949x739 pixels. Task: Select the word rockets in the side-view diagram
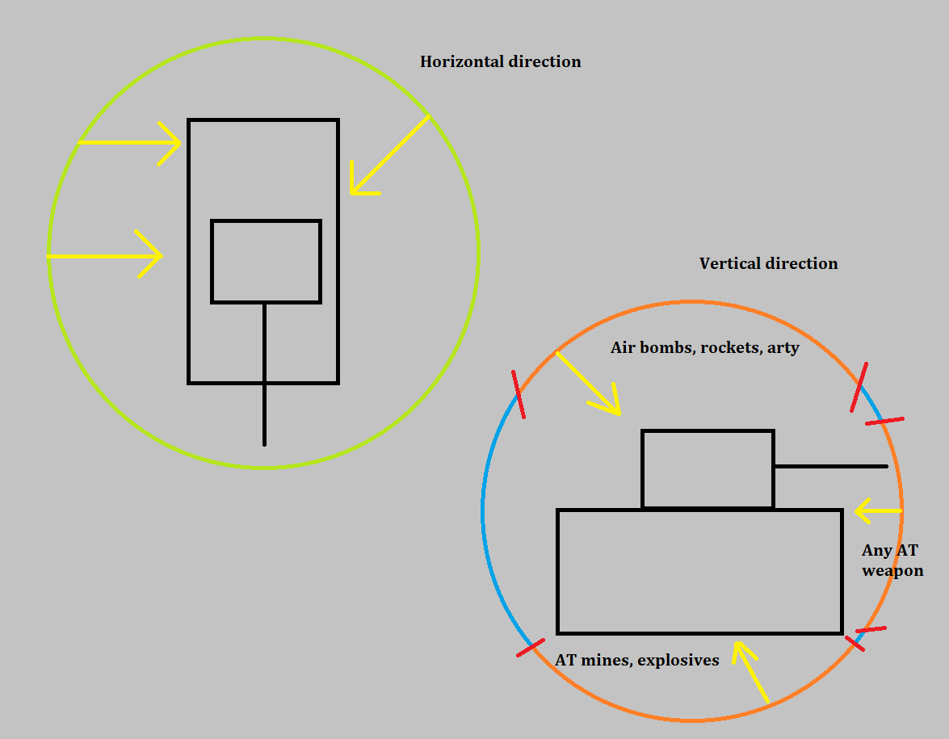tap(720, 347)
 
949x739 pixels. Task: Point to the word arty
tap(783, 349)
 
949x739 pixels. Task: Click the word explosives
tap(678, 661)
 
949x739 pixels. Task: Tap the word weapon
tap(892, 571)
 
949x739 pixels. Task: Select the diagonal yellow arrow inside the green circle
tap(390, 155)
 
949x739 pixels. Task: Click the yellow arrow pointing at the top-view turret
tap(105, 256)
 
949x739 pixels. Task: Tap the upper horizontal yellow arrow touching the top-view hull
tap(129, 143)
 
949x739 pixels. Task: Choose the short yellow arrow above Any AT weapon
tap(878, 510)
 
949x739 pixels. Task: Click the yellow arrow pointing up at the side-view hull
tap(750, 672)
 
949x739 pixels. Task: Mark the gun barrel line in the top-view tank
tap(264, 374)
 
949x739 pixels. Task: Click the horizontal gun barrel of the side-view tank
tap(831, 466)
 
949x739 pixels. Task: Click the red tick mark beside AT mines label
tap(531, 648)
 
